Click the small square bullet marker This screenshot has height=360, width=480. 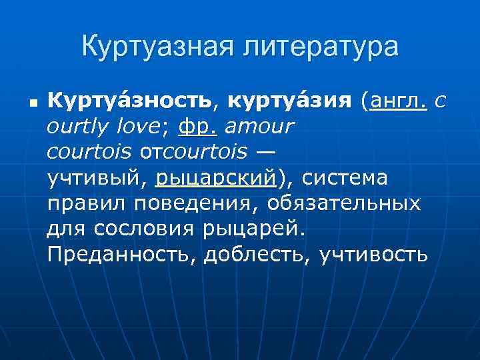tap(31, 103)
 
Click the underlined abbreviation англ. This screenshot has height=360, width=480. tap(399, 101)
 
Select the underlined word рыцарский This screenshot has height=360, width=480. tap(215, 178)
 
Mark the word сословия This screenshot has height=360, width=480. tap(145, 229)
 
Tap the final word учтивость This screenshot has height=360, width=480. tap(373, 254)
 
